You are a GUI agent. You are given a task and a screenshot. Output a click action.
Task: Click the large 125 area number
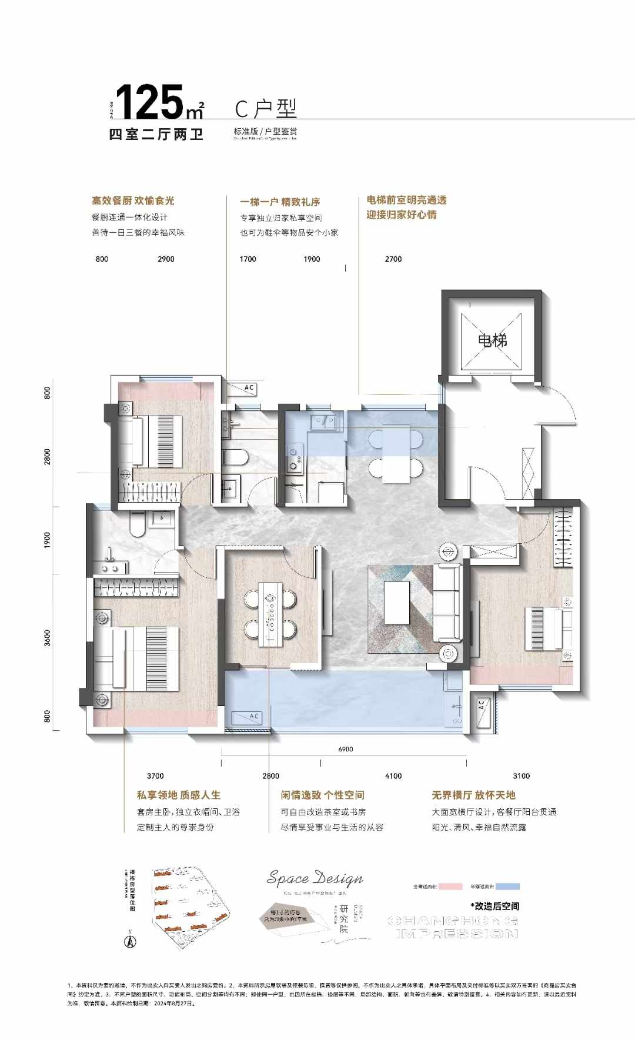150,103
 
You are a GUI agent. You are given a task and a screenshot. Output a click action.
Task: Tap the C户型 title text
266,109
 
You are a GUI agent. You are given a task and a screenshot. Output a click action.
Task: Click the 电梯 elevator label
492,340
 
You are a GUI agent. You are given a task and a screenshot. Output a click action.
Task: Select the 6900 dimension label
346,749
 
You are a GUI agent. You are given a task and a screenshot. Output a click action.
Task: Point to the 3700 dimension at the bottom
155,776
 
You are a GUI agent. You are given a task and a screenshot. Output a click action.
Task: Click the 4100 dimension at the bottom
393,776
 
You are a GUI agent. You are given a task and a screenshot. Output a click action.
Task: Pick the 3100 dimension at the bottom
521,776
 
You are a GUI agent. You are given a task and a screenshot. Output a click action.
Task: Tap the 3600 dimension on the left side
48,638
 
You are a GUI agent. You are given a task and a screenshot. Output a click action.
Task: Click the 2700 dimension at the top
393,259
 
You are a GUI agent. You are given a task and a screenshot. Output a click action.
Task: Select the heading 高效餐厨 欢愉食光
133,200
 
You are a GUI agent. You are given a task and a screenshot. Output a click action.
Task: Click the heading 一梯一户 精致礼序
280,202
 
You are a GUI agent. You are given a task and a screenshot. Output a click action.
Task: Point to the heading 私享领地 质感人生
179,795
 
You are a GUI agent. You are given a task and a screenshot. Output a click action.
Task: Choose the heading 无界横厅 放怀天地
473,795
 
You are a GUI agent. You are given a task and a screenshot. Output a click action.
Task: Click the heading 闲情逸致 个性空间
322,795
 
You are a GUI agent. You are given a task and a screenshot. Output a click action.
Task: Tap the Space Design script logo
315,878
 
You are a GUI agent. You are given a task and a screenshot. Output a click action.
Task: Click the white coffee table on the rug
397,603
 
